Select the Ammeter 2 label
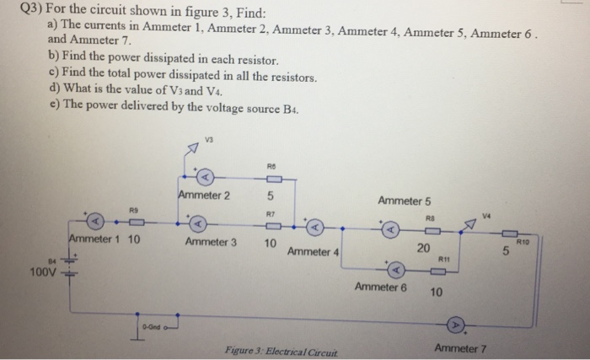pyautogui.click(x=204, y=196)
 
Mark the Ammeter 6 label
pyautogui.click(x=381, y=287)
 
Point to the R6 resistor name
pyautogui.click(x=270, y=166)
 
